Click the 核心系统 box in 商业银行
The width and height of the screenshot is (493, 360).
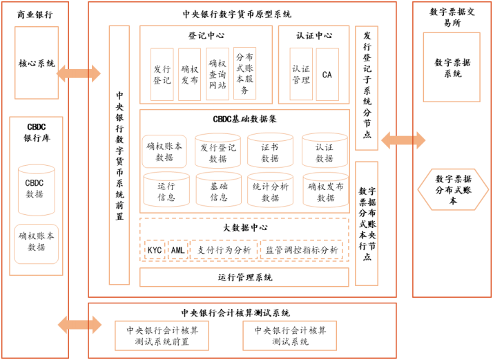[x=37, y=64]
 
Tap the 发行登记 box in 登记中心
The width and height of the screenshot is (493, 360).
[x=162, y=75]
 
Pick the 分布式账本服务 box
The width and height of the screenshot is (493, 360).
[x=244, y=75]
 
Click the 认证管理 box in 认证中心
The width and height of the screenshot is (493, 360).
[x=301, y=75]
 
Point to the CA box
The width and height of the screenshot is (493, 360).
[x=327, y=75]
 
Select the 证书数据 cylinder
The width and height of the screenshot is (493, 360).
[x=270, y=152]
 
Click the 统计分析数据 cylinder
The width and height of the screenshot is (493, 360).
[x=270, y=191]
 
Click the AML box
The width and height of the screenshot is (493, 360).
[x=178, y=250]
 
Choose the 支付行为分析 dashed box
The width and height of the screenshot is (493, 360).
[x=224, y=250]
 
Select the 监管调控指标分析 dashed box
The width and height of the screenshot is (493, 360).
[x=302, y=250]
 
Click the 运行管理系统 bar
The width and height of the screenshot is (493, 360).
[x=244, y=277]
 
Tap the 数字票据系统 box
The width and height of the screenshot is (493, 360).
[x=452, y=68]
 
